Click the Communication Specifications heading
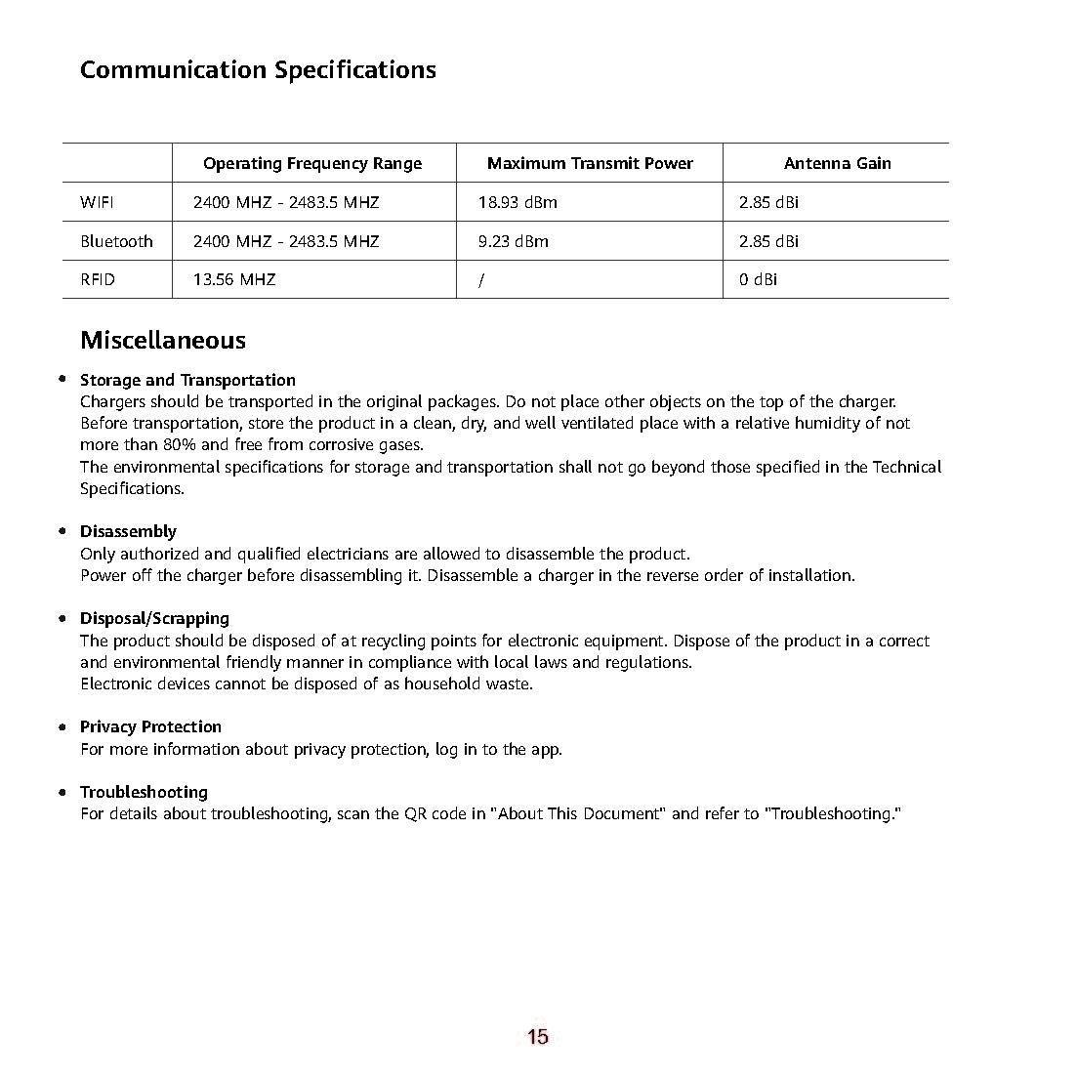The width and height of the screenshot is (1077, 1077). coord(258,70)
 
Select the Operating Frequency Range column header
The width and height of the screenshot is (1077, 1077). coord(312,163)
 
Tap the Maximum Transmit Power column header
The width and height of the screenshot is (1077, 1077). coord(590,163)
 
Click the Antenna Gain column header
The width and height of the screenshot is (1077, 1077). coord(837,163)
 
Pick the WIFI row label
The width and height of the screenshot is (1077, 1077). coord(97,202)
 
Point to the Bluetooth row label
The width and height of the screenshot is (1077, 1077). coord(116,241)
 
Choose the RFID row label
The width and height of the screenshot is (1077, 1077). coord(98,279)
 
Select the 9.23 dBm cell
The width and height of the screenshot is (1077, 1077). coord(513,241)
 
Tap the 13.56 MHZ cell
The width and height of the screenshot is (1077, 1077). coord(234,279)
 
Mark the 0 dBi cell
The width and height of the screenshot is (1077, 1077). coord(758,279)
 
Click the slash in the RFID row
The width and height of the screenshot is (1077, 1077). coord(481,280)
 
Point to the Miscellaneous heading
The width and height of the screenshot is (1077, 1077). coord(163,340)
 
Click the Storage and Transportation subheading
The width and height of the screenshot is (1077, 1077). coord(187,380)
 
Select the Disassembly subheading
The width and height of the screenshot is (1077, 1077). coord(128,531)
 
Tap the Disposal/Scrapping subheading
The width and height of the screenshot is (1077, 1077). coord(154,618)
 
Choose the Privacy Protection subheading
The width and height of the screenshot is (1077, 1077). coord(150,726)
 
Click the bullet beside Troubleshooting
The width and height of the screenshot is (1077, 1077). coord(62,791)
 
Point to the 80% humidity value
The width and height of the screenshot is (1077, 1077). coord(180,444)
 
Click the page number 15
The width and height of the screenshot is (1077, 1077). coord(538,1037)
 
